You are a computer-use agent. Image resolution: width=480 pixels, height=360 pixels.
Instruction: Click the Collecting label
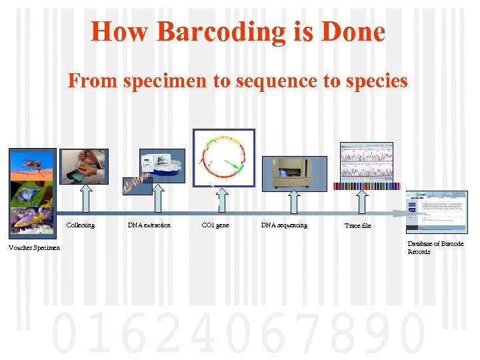pyautogui.click(x=80, y=225)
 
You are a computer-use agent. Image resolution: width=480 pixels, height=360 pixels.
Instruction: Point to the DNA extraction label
pyautogui.click(x=149, y=225)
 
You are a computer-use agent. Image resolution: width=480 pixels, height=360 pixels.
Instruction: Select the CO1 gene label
pyautogui.click(x=215, y=225)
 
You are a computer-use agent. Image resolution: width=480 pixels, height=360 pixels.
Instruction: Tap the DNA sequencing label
pyautogui.click(x=284, y=225)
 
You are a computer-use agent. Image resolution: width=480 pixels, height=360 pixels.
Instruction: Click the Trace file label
pyautogui.click(x=357, y=226)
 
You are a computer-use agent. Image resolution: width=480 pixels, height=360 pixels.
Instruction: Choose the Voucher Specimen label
pyautogui.click(x=33, y=249)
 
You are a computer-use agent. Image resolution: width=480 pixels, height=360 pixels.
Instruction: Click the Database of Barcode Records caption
pyautogui.click(x=435, y=248)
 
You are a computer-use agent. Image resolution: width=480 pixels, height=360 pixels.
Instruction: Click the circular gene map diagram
pyautogui.click(x=223, y=157)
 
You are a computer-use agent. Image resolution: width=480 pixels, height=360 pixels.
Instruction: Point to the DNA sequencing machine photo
pyautogui.click(x=294, y=173)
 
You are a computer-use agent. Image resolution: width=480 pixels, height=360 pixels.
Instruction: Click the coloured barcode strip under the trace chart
pyautogui.click(x=367, y=187)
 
